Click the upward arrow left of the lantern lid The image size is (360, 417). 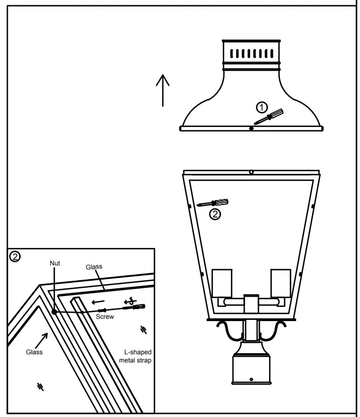click(163, 90)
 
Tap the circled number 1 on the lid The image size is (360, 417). click(263, 106)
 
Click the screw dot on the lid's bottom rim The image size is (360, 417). click(251, 129)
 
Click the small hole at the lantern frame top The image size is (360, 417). click(251, 172)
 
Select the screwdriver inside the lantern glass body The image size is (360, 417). click(213, 203)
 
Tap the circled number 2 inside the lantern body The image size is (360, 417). click(216, 214)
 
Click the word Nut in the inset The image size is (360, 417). click(54, 263)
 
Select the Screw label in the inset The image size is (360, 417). click(105, 317)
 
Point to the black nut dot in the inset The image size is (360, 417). click(54, 312)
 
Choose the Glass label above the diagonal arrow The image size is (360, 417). click(34, 352)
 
